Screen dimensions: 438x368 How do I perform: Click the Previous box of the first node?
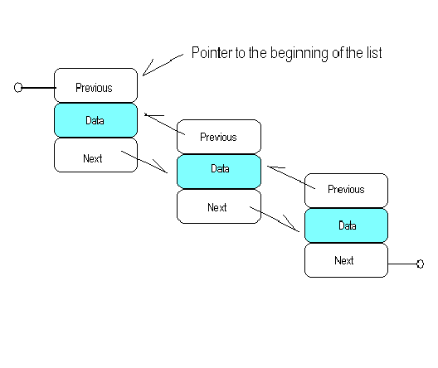96,85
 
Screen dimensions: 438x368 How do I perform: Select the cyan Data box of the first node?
96,120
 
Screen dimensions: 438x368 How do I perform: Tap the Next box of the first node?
96,155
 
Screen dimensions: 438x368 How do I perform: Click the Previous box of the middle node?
219,137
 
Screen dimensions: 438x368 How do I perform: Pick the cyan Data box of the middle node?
219,172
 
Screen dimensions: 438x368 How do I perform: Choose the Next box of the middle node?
219,206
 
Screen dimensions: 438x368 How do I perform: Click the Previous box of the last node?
346,191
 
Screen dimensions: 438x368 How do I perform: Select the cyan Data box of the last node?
346,225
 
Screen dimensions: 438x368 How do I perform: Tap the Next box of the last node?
346,260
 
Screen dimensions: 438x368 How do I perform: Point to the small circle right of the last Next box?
420,264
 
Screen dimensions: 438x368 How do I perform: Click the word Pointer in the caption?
212,53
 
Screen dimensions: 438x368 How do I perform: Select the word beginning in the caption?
299,53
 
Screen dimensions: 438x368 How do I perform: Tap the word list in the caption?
374,53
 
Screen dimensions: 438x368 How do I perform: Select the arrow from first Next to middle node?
144,162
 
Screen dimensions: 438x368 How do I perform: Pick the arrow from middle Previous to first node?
164,123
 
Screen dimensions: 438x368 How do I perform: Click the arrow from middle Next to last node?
275,219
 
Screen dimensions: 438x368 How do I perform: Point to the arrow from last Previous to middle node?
291,177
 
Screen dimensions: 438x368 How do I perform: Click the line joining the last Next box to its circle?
402,264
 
